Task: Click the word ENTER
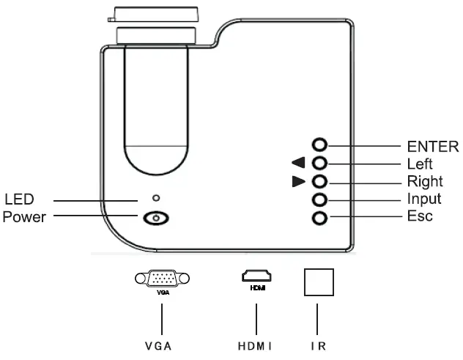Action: point(433,145)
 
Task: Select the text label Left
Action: point(420,164)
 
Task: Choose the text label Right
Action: point(424,182)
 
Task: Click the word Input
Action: point(423,199)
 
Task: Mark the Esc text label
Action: point(420,217)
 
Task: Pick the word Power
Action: point(24,217)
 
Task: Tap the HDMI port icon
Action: point(256,277)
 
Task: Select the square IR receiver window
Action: point(319,281)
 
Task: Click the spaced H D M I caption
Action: point(255,345)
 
